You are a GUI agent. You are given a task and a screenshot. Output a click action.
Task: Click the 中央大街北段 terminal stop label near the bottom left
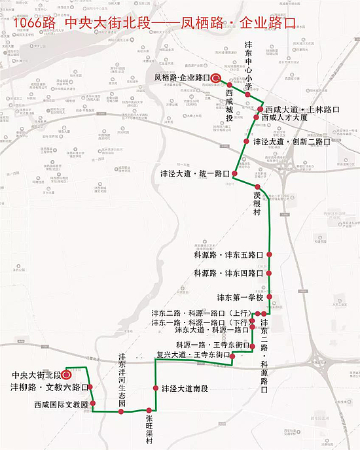(37, 375)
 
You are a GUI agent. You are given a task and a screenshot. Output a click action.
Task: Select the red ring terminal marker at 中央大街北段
(67, 375)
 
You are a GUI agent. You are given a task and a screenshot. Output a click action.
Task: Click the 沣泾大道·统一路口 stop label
(195, 174)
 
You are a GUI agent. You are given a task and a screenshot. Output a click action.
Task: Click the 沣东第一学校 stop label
(240, 298)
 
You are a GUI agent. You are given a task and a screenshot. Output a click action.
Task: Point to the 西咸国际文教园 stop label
(61, 405)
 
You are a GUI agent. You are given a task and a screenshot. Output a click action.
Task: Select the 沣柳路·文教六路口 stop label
(48, 388)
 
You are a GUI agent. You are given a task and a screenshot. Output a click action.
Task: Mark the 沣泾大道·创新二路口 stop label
(291, 141)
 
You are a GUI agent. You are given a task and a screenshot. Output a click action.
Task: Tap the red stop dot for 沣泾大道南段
(156, 389)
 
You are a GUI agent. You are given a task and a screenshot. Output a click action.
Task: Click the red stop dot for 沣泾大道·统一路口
(234, 174)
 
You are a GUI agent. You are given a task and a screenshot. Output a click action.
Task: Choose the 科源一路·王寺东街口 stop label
(211, 345)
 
